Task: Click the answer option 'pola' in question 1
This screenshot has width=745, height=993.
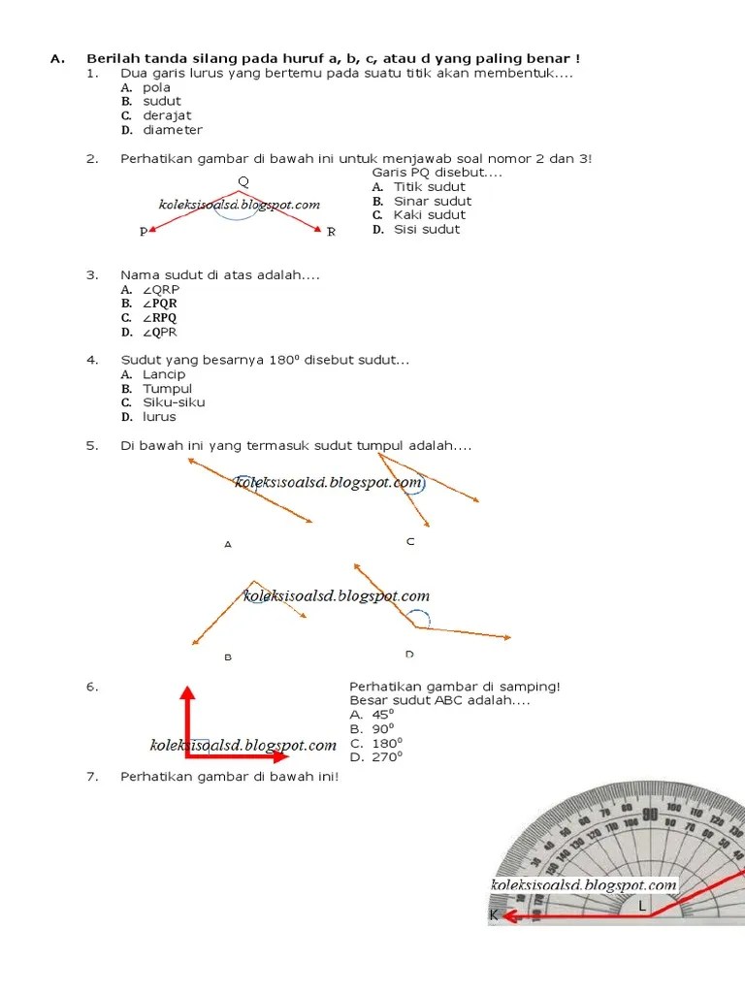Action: [156, 87]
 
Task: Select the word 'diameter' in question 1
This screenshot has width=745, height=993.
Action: [173, 130]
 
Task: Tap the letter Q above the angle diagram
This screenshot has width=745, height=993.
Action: [243, 181]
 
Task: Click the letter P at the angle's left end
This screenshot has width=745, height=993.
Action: [144, 233]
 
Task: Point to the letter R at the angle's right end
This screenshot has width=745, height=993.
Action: [331, 232]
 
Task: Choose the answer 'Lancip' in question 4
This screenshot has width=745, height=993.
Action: [164, 374]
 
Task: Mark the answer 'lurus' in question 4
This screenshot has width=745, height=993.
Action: [160, 417]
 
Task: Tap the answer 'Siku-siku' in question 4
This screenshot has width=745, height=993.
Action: [174, 402]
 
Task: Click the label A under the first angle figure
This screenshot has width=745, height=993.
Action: [228, 545]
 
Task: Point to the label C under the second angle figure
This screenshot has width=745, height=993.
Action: [410, 541]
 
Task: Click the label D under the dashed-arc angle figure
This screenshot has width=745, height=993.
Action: [409, 654]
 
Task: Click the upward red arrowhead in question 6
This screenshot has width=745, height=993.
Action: [188, 691]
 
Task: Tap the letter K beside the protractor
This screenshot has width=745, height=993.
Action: [494, 914]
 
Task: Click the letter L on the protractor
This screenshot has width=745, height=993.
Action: [641, 906]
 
